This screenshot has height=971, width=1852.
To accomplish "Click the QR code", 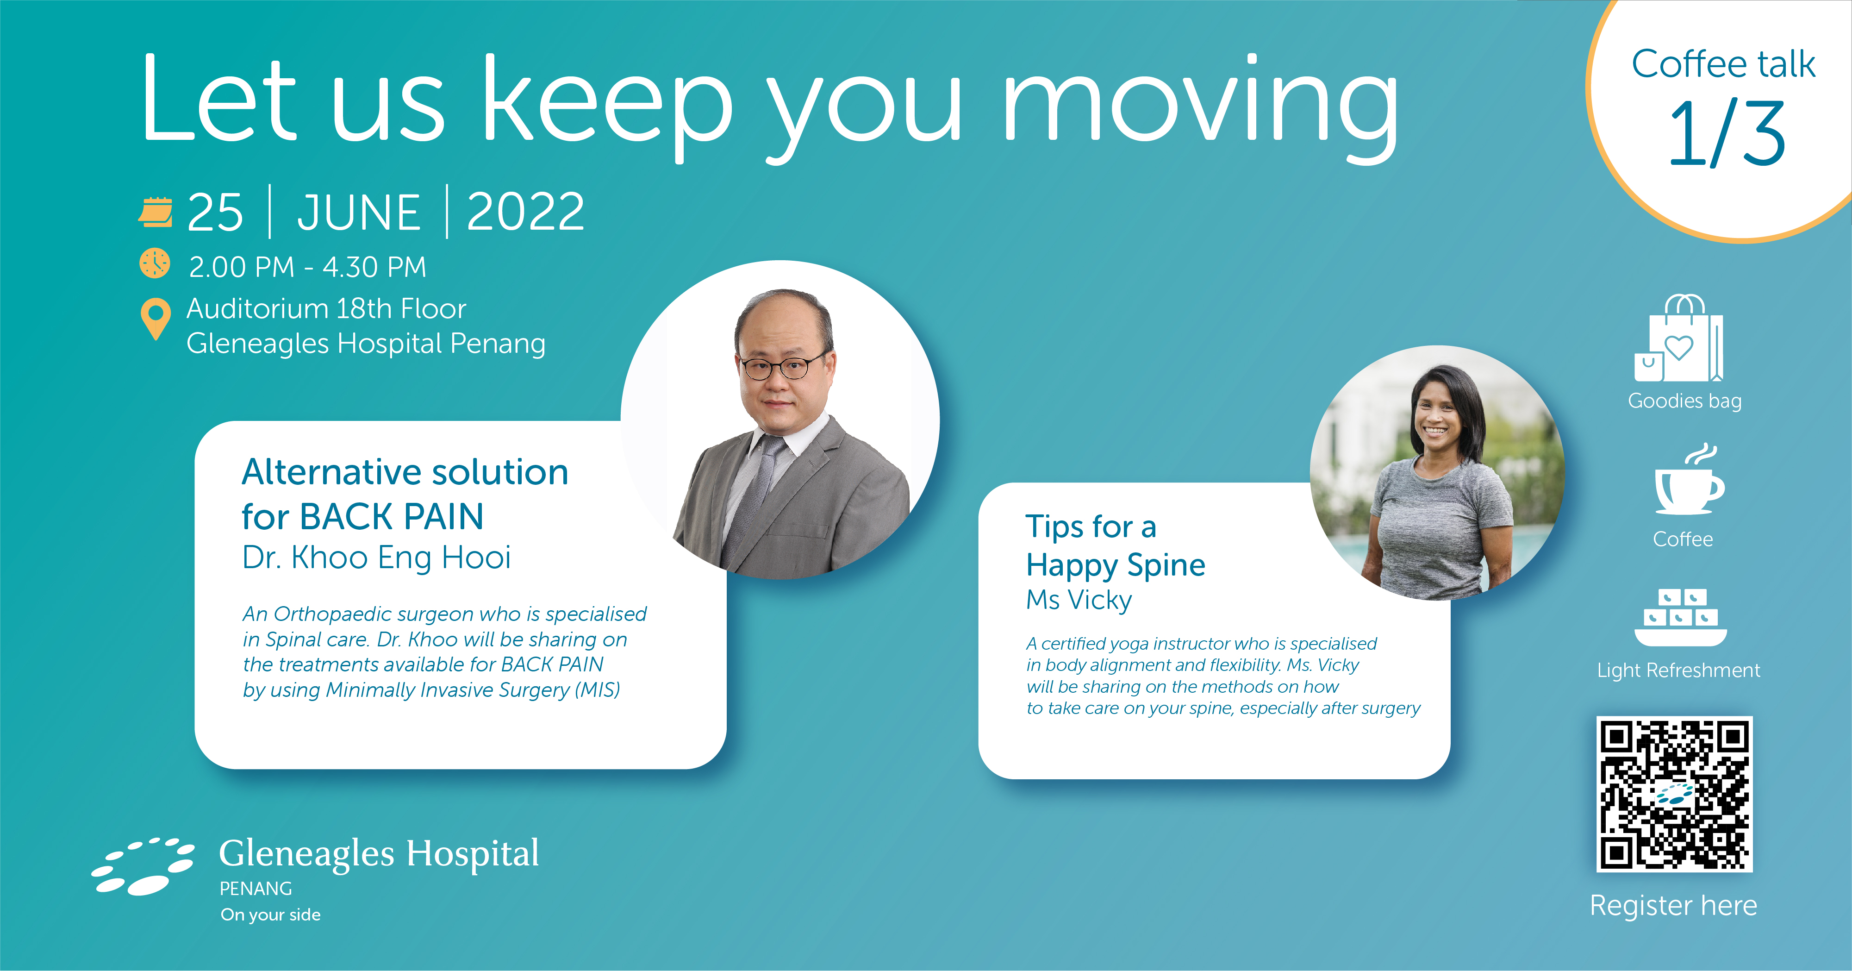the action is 1674,794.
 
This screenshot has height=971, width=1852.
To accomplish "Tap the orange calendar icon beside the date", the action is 155,212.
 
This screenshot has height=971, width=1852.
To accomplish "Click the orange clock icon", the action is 155,263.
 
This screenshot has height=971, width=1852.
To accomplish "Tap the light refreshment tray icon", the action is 1681,618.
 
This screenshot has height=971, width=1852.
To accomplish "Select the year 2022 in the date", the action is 525,212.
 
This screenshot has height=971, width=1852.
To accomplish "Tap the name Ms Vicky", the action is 1079,600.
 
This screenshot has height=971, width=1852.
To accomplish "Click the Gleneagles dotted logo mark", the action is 143,866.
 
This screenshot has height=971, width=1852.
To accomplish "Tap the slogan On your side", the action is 270,915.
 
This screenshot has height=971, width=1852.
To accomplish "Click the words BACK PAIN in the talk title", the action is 392,516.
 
